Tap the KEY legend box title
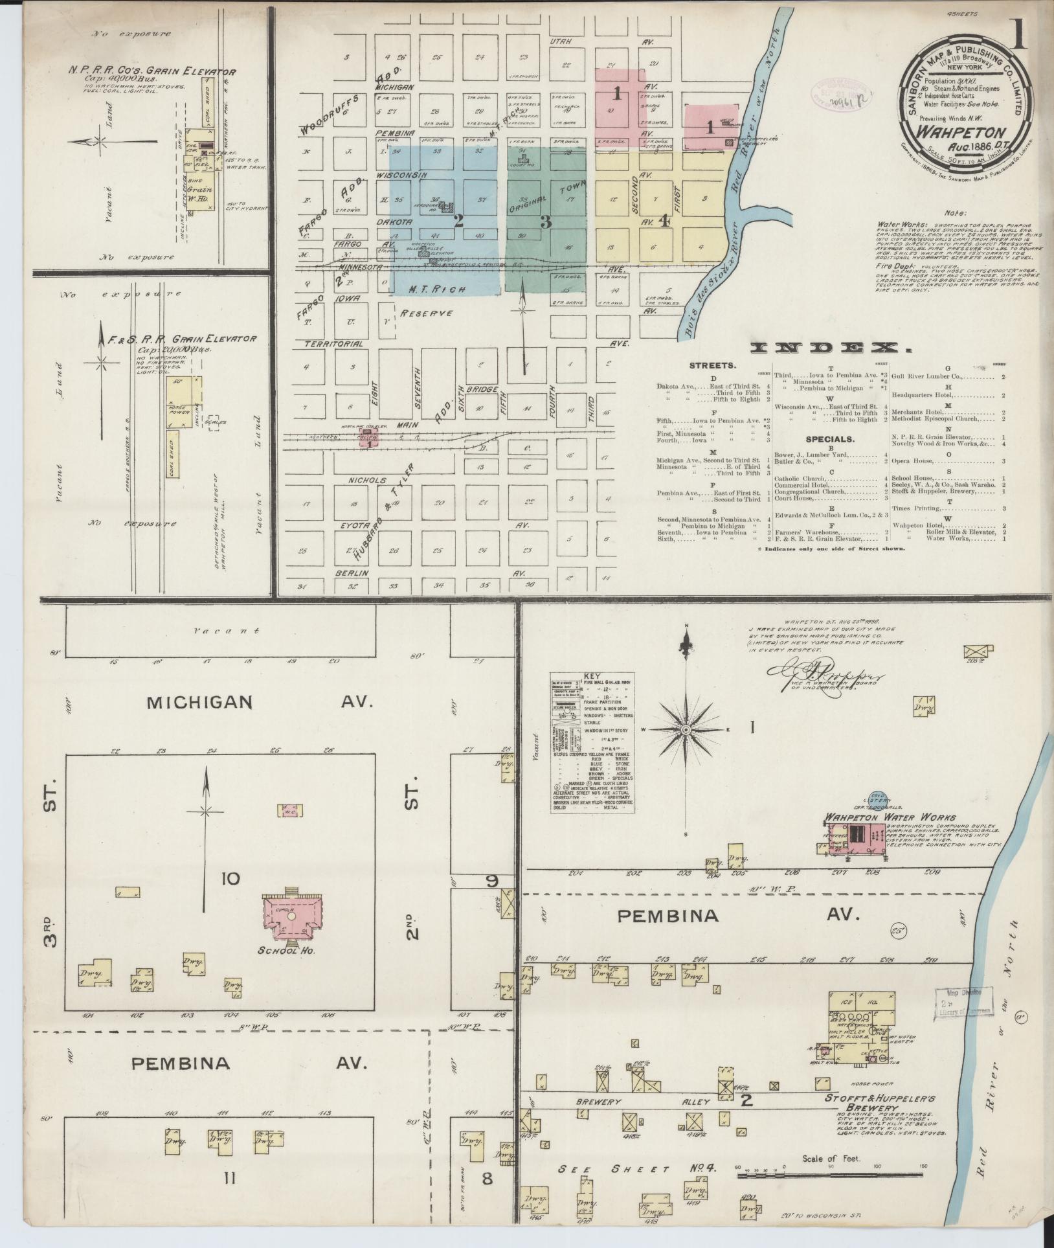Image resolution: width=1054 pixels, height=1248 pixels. pos(592,675)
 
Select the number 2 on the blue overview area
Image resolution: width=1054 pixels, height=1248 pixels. pos(459,220)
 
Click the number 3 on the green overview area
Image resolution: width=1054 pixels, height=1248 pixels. pos(545,221)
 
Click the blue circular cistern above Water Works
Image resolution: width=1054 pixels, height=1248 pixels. pos(879,801)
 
